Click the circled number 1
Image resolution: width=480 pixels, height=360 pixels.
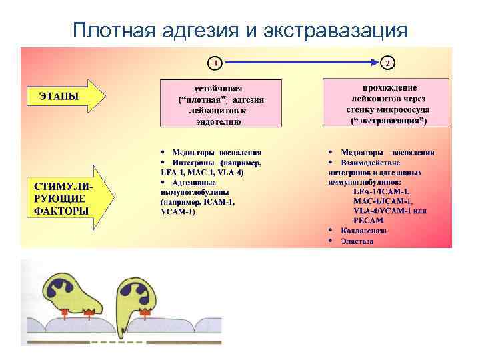[x=213, y=63]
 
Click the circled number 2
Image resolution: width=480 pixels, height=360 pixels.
[x=388, y=63]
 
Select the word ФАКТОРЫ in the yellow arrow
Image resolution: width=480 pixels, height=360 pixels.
[x=62, y=211]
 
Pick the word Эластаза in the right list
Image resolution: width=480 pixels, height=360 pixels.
[x=357, y=241]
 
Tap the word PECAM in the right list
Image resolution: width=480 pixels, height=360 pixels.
[x=365, y=220]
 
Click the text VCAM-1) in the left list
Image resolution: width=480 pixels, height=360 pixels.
[x=178, y=211]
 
